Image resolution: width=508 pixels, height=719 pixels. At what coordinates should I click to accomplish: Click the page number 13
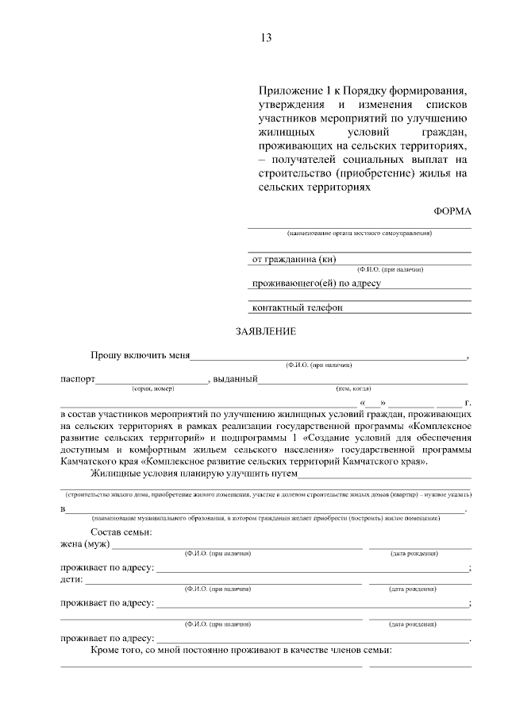point(265,37)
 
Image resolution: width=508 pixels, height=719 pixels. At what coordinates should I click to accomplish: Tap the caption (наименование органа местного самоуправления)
point(360,234)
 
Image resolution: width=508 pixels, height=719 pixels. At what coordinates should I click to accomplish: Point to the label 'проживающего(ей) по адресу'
point(317,283)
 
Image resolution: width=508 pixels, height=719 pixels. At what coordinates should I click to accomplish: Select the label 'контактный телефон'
point(297,307)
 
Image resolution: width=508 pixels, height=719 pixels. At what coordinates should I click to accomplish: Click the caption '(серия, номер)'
point(152,388)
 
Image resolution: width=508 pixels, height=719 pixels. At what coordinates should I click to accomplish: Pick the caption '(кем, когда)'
point(354,388)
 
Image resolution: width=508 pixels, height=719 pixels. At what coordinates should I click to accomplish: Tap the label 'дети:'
point(72,579)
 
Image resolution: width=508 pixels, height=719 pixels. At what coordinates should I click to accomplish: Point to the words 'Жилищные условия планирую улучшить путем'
point(194,474)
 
